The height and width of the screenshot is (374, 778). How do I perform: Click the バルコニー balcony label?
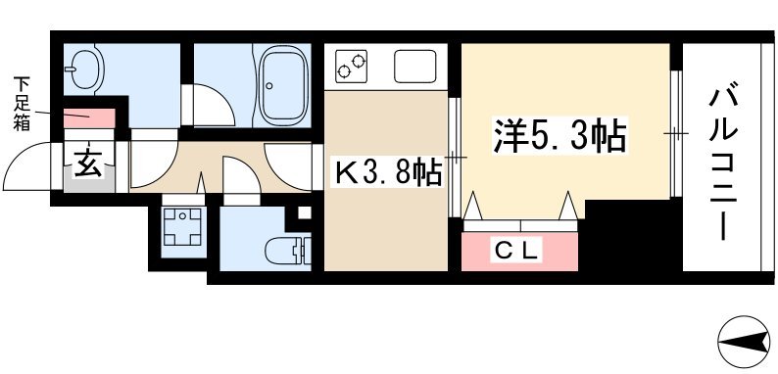(x=724, y=162)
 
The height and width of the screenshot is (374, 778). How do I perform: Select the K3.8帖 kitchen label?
(x=388, y=174)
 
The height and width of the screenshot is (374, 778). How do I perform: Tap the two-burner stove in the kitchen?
(x=352, y=67)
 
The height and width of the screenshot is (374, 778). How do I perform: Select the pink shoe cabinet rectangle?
(x=91, y=117)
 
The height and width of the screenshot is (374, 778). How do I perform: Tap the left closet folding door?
(x=476, y=208)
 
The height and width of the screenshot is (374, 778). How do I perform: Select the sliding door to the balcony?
(x=675, y=132)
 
